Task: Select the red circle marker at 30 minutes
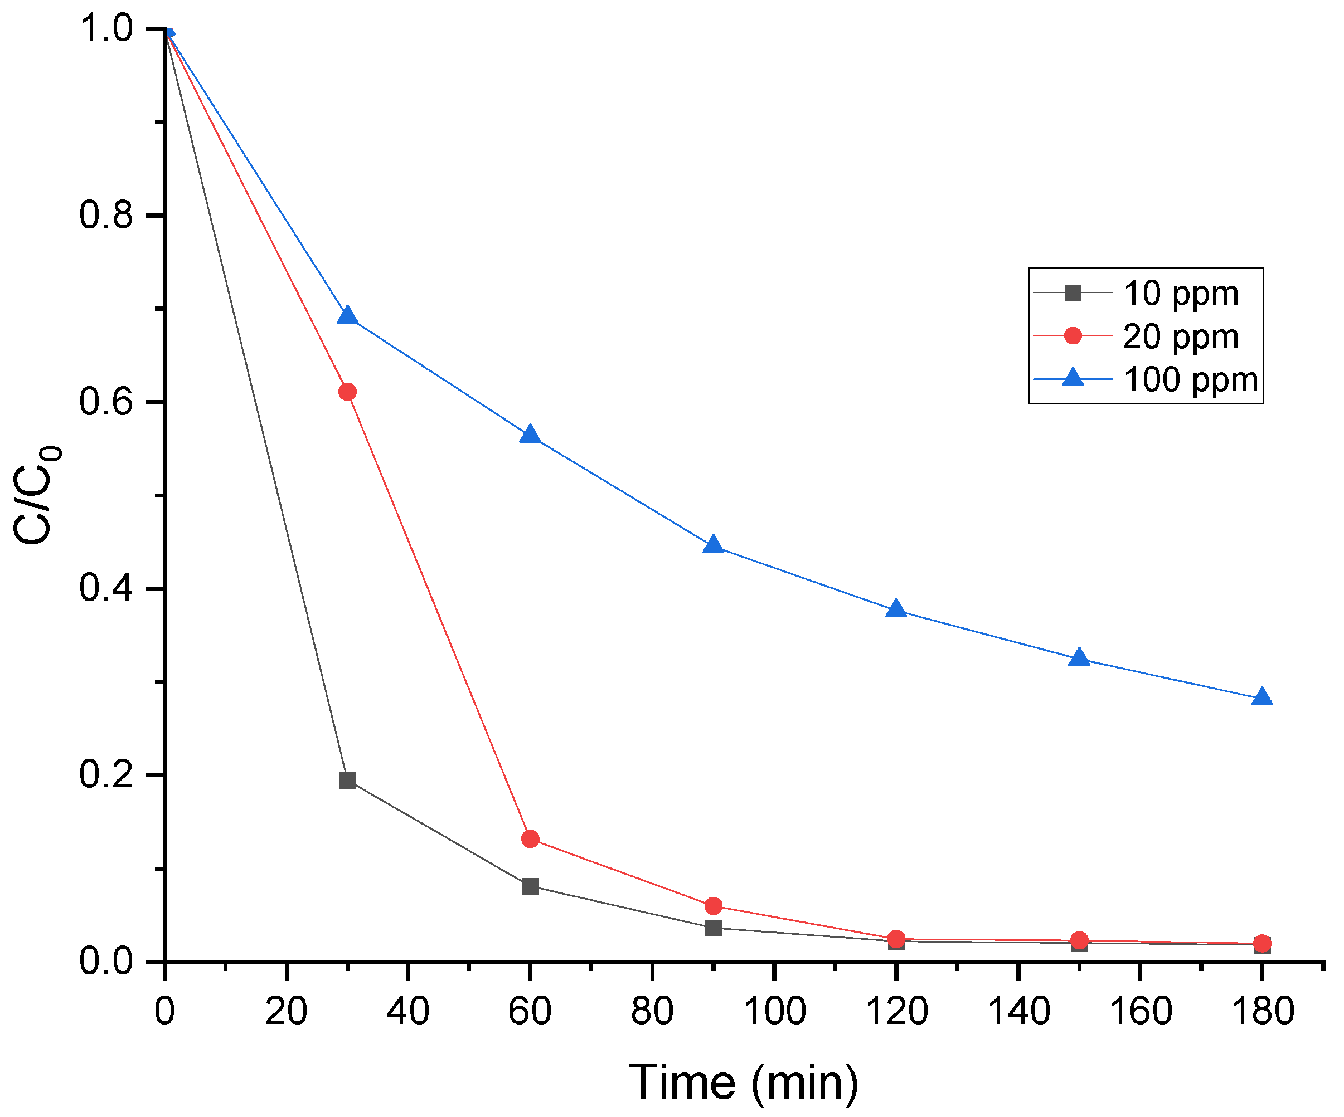(347, 392)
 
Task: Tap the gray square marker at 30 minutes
(347, 781)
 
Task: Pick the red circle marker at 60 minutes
(531, 838)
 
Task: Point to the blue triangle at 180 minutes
(1261, 697)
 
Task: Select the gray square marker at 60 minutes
(531, 886)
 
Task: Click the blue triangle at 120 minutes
(896, 609)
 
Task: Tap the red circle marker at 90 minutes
(713, 906)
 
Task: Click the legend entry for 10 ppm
(1181, 294)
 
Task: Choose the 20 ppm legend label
(1181, 336)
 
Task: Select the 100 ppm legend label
(1190, 379)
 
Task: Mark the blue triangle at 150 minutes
(1079, 657)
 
